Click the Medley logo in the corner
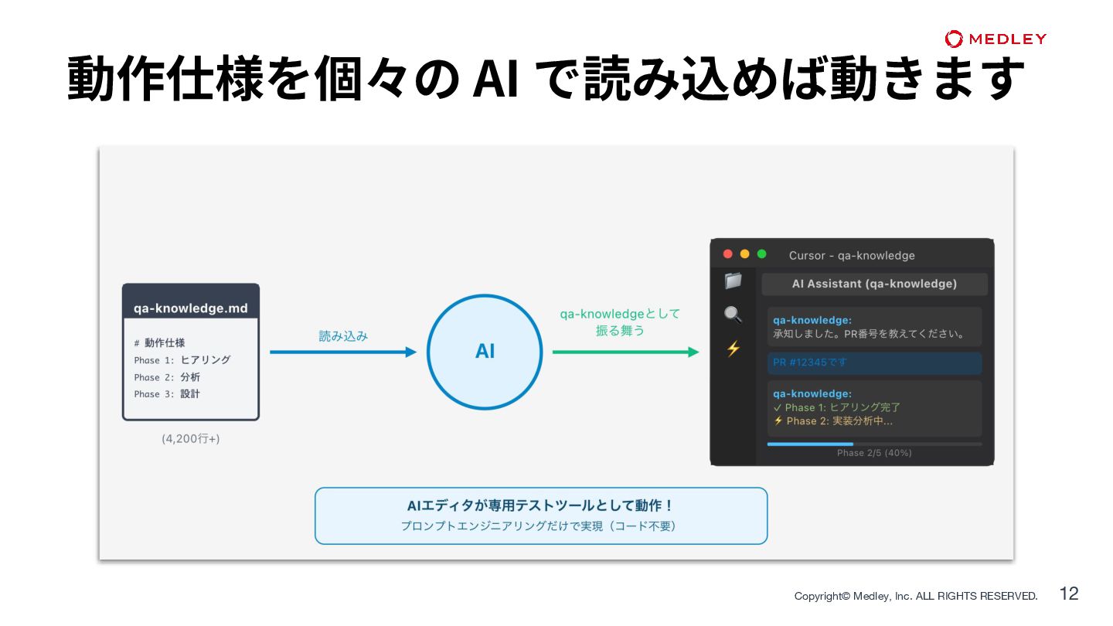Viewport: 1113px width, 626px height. click(x=996, y=39)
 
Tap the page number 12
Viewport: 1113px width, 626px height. click(x=1069, y=594)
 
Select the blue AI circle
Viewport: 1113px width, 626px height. click(x=485, y=352)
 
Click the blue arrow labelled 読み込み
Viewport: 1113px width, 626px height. click(x=343, y=352)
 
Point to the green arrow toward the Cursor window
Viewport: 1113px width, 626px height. click(x=625, y=352)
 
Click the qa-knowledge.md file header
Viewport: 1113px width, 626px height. click(x=191, y=308)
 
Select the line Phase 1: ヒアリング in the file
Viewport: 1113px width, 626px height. click(x=182, y=360)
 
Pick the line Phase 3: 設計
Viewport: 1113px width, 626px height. click(x=167, y=394)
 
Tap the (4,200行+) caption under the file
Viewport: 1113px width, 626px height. click(x=190, y=438)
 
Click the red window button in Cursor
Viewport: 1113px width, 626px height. click(x=727, y=254)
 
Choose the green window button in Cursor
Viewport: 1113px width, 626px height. click(x=761, y=254)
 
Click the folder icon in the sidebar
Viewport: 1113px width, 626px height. click(x=733, y=281)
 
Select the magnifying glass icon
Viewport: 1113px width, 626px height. click(x=733, y=315)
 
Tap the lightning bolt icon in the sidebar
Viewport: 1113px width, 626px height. click(x=733, y=349)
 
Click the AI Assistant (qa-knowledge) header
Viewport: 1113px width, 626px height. click(x=874, y=284)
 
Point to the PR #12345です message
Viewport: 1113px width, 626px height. click(x=810, y=362)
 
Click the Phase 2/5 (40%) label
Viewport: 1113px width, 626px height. click(x=874, y=453)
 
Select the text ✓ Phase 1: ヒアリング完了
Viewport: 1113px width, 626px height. click(x=837, y=407)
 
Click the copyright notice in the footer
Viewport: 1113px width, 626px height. click(x=916, y=596)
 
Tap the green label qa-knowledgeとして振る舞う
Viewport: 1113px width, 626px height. click(x=620, y=322)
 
